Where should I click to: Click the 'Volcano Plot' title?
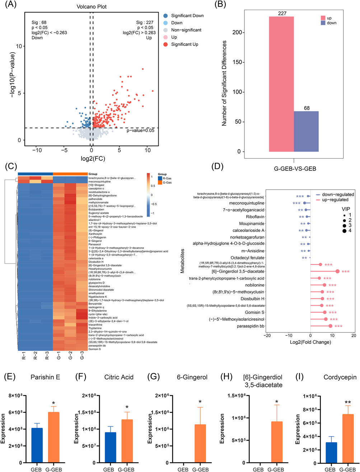tap(92, 6)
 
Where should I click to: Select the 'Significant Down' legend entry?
tap(187, 16)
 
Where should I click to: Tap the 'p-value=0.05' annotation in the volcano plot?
tap(140, 131)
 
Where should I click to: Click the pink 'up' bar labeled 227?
tap(281, 84)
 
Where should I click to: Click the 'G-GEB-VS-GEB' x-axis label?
tap(295, 168)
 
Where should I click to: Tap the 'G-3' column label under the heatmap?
tap(82, 356)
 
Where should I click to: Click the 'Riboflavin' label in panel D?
tap(255, 217)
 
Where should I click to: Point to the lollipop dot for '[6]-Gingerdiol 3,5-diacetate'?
tap(337, 272)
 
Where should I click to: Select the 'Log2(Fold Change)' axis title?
tap(310, 342)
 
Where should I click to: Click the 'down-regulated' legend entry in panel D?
tap(338, 194)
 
